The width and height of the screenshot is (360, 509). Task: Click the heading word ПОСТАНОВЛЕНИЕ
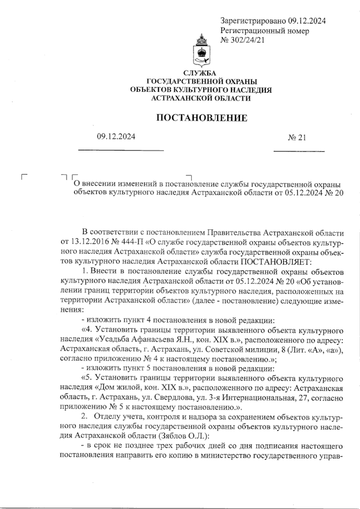(202, 118)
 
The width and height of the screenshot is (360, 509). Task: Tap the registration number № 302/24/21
(242, 40)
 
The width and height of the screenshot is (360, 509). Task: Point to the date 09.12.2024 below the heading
(116, 137)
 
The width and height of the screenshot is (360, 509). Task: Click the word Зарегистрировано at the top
(253, 21)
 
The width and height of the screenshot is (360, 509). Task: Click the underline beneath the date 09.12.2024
(121, 150)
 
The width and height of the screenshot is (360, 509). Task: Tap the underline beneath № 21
(299, 151)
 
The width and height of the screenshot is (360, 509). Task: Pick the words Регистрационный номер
(265, 31)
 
